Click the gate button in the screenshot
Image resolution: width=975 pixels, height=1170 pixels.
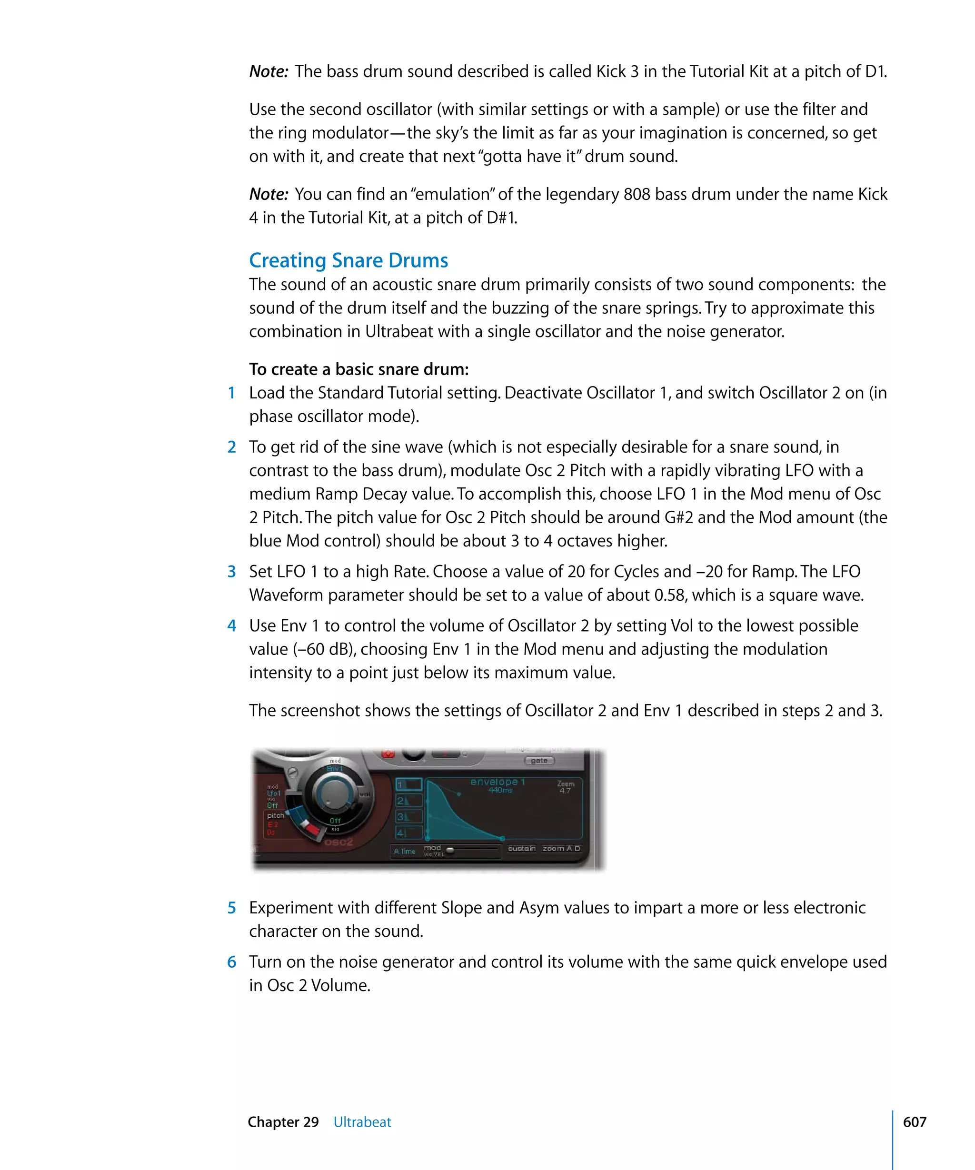539,760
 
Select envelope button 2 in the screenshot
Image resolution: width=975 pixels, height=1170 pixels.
408,801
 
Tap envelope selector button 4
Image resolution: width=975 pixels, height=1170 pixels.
408,833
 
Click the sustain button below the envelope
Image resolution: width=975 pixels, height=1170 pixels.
521,849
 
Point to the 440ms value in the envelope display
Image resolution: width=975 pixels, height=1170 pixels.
500,790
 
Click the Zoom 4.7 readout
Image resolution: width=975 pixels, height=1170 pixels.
565,787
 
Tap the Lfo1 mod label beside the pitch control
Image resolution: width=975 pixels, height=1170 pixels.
274,793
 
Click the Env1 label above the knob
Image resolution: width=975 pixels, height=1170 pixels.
334,769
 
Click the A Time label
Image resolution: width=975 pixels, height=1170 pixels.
405,851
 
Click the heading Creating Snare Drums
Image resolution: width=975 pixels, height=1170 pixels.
348,260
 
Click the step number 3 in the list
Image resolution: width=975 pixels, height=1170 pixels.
232,572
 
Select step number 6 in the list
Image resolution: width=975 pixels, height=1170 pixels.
232,962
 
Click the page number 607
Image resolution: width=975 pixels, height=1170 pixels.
914,1122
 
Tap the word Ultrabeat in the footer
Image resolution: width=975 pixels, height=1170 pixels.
362,1122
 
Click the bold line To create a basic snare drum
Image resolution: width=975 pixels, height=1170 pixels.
359,369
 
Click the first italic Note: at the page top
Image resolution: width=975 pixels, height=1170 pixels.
269,72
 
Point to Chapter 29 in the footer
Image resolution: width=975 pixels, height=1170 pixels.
283,1122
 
